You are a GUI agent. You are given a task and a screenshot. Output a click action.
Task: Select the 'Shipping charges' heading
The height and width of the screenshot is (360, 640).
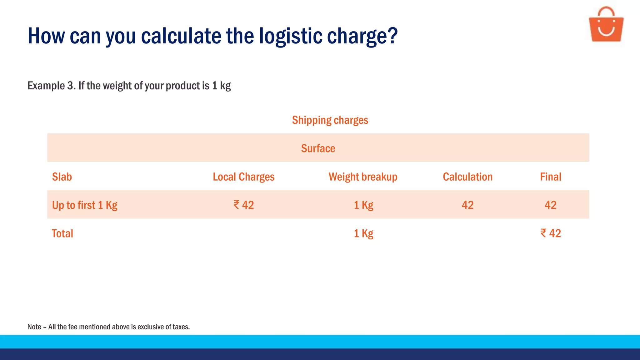[330, 120]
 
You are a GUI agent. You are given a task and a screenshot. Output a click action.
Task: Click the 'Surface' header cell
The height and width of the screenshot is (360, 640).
[318, 148]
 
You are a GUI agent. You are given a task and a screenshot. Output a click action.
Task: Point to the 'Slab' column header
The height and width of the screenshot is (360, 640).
[62, 177]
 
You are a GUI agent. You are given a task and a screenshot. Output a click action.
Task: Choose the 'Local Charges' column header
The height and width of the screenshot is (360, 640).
[243, 177]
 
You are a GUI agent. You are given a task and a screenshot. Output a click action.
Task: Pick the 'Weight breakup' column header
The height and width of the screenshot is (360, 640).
[363, 177]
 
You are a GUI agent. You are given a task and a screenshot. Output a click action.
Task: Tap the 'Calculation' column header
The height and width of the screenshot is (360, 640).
[467, 177]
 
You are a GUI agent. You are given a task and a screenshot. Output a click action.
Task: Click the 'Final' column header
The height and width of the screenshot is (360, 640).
[550, 177]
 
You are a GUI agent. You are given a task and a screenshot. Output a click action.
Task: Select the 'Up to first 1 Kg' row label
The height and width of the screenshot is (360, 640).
[85, 205]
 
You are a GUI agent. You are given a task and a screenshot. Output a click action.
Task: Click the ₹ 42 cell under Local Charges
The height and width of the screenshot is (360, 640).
[243, 205]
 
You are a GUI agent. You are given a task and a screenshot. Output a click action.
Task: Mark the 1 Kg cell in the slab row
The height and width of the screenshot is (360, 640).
[363, 205]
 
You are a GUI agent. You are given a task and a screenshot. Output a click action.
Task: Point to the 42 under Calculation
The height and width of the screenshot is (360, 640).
[467, 205]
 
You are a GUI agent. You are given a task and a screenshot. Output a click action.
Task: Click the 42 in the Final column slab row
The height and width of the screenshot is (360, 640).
[550, 205]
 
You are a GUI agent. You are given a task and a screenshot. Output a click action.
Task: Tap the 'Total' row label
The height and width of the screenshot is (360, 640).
[62, 233]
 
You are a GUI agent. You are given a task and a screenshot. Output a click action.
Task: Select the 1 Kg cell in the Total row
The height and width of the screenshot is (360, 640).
[363, 233]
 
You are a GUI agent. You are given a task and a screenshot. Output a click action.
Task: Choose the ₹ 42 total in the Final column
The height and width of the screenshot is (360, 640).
[550, 233]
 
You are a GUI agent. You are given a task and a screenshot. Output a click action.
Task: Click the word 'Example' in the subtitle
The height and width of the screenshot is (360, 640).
[46, 86]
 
